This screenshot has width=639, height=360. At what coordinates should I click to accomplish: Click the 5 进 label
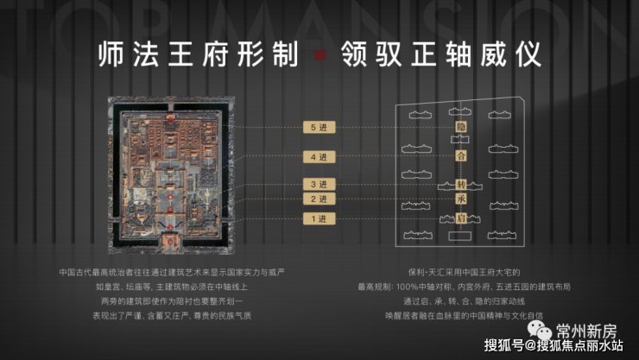pyautogui.click(x=319, y=128)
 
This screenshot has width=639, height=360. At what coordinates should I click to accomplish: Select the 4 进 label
pyautogui.click(x=319, y=157)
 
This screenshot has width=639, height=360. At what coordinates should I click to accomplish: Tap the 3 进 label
pyautogui.click(x=319, y=185)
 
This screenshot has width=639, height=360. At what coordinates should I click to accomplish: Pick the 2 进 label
pyautogui.click(x=319, y=199)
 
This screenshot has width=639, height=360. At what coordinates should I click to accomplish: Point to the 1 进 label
pyautogui.click(x=319, y=219)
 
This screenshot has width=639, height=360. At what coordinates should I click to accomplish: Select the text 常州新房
pyautogui.click(x=587, y=330)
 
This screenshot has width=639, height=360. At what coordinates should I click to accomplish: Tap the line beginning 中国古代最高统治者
pyautogui.click(x=176, y=269)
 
